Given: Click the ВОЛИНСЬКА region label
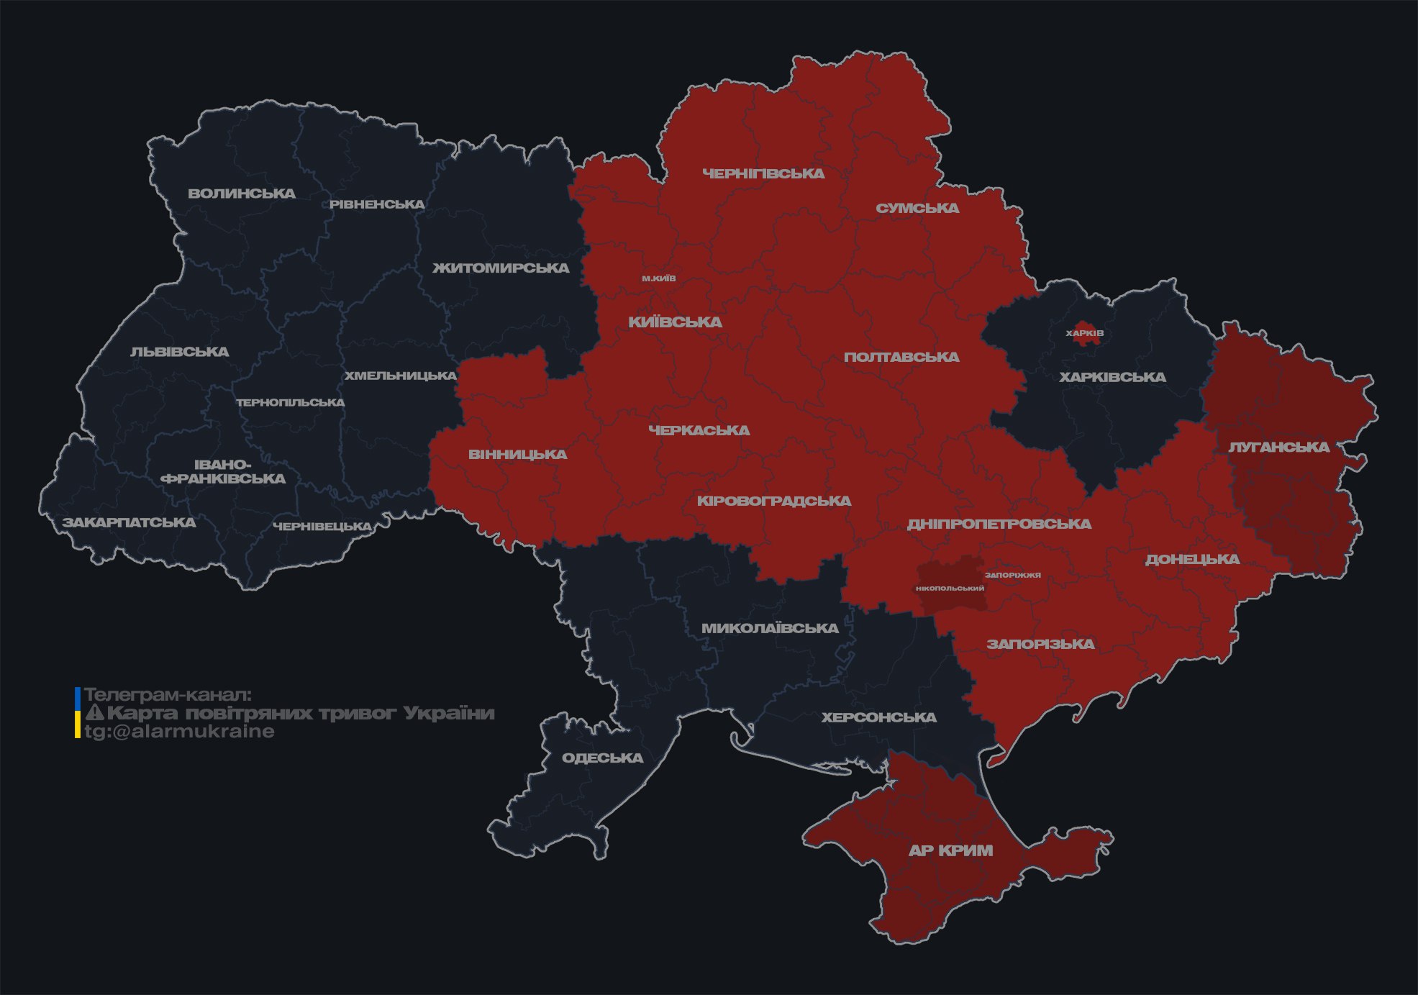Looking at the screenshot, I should pos(242,194).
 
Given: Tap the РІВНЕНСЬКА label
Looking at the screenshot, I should pos(377,204).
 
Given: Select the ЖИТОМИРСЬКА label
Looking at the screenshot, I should pos(501,268).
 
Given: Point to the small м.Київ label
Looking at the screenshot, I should pos(659,278).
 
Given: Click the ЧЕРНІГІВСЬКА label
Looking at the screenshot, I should pos(763,173).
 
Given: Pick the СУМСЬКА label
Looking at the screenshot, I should pos(917,209).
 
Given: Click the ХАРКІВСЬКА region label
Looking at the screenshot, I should pos(1112,377).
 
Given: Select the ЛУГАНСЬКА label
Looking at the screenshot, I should pos(1278,447).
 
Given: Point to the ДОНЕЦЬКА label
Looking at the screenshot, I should pos(1192,559).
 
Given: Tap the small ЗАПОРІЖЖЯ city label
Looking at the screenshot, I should pos(1013,575).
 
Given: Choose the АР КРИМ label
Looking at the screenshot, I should pos(950,850).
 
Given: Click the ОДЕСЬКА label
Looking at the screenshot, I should pos(602,758).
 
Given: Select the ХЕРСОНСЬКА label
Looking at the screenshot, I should pos(878,717).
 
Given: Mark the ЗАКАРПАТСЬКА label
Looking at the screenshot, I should pos(129,522).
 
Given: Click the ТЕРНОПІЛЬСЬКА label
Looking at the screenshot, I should pos(291,402).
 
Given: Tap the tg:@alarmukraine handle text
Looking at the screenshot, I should pos(180,732).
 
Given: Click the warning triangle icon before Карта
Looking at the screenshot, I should pos(95,713).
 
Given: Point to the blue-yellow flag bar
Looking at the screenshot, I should pos(78,712).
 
